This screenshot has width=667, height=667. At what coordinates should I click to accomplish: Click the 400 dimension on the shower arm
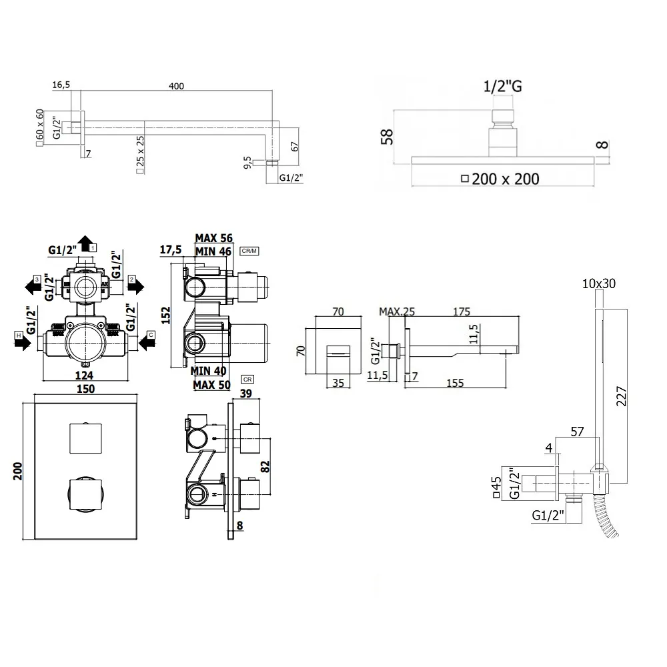pyautogui.click(x=176, y=86)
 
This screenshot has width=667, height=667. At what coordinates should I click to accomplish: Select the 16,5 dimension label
pyautogui.click(x=61, y=85)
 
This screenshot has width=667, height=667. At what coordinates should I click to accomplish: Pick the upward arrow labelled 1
pyautogui.click(x=85, y=243)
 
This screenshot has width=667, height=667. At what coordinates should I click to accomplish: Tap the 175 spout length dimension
pyautogui.click(x=461, y=311)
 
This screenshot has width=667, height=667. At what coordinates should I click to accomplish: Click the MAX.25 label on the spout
pyautogui.click(x=398, y=311)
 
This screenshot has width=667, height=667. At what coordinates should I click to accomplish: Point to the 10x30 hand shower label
pyautogui.click(x=598, y=283)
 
